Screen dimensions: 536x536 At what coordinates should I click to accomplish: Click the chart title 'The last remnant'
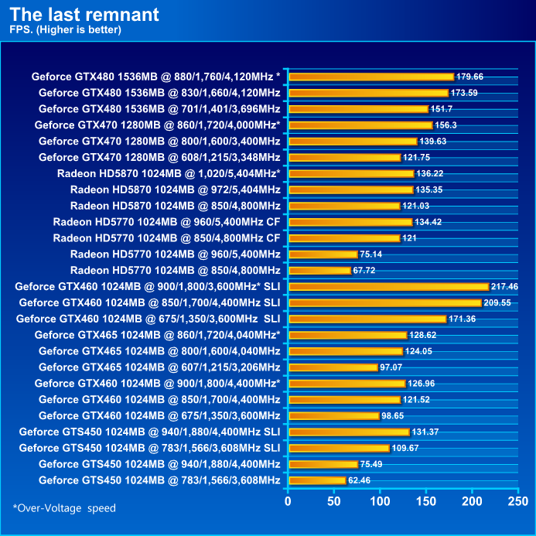(x=85, y=14)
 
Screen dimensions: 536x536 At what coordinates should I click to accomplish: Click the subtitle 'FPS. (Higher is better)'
(x=66, y=30)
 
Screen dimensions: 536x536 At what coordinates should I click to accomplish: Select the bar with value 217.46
(x=387, y=286)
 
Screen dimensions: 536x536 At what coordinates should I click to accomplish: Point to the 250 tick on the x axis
(x=517, y=501)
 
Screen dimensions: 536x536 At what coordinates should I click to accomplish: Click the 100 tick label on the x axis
(x=380, y=501)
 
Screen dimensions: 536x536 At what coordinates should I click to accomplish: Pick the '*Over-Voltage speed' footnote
(x=64, y=508)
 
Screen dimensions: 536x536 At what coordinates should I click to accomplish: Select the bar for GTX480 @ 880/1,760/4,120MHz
(x=370, y=77)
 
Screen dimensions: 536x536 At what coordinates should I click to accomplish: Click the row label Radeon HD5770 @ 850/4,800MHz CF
(x=166, y=237)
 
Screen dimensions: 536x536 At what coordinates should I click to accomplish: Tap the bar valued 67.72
(x=319, y=270)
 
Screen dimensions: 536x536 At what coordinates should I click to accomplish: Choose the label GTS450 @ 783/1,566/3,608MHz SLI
(x=149, y=448)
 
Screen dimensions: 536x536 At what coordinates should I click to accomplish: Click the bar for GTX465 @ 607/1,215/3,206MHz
(x=333, y=367)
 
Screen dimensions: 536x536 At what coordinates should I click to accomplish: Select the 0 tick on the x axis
(x=288, y=501)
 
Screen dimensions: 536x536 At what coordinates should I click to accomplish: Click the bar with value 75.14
(x=323, y=254)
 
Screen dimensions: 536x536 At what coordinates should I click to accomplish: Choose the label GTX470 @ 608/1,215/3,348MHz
(x=159, y=157)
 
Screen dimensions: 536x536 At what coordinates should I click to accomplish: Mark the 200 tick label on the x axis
(x=472, y=501)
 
